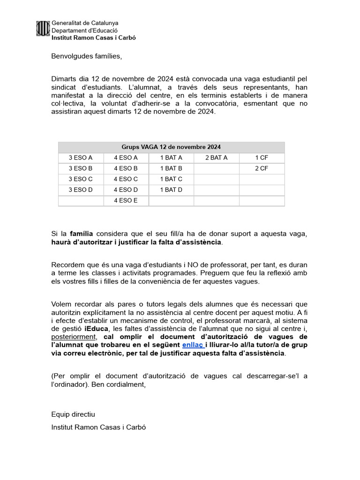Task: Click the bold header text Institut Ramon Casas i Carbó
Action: point(93,37)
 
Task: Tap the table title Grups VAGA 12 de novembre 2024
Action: point(171,147)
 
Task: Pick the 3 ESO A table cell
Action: point(81,157)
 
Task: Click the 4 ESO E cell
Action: point(126,201)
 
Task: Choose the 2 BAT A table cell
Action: point(216,157)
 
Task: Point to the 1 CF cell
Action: point(262,157)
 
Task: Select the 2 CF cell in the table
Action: point(262,168)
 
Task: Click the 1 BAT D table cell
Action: point(171,190)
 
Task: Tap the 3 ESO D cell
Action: point(81,190)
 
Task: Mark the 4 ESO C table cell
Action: point(126,179)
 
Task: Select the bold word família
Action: point(82,233)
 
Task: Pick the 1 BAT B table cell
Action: point(171,168)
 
